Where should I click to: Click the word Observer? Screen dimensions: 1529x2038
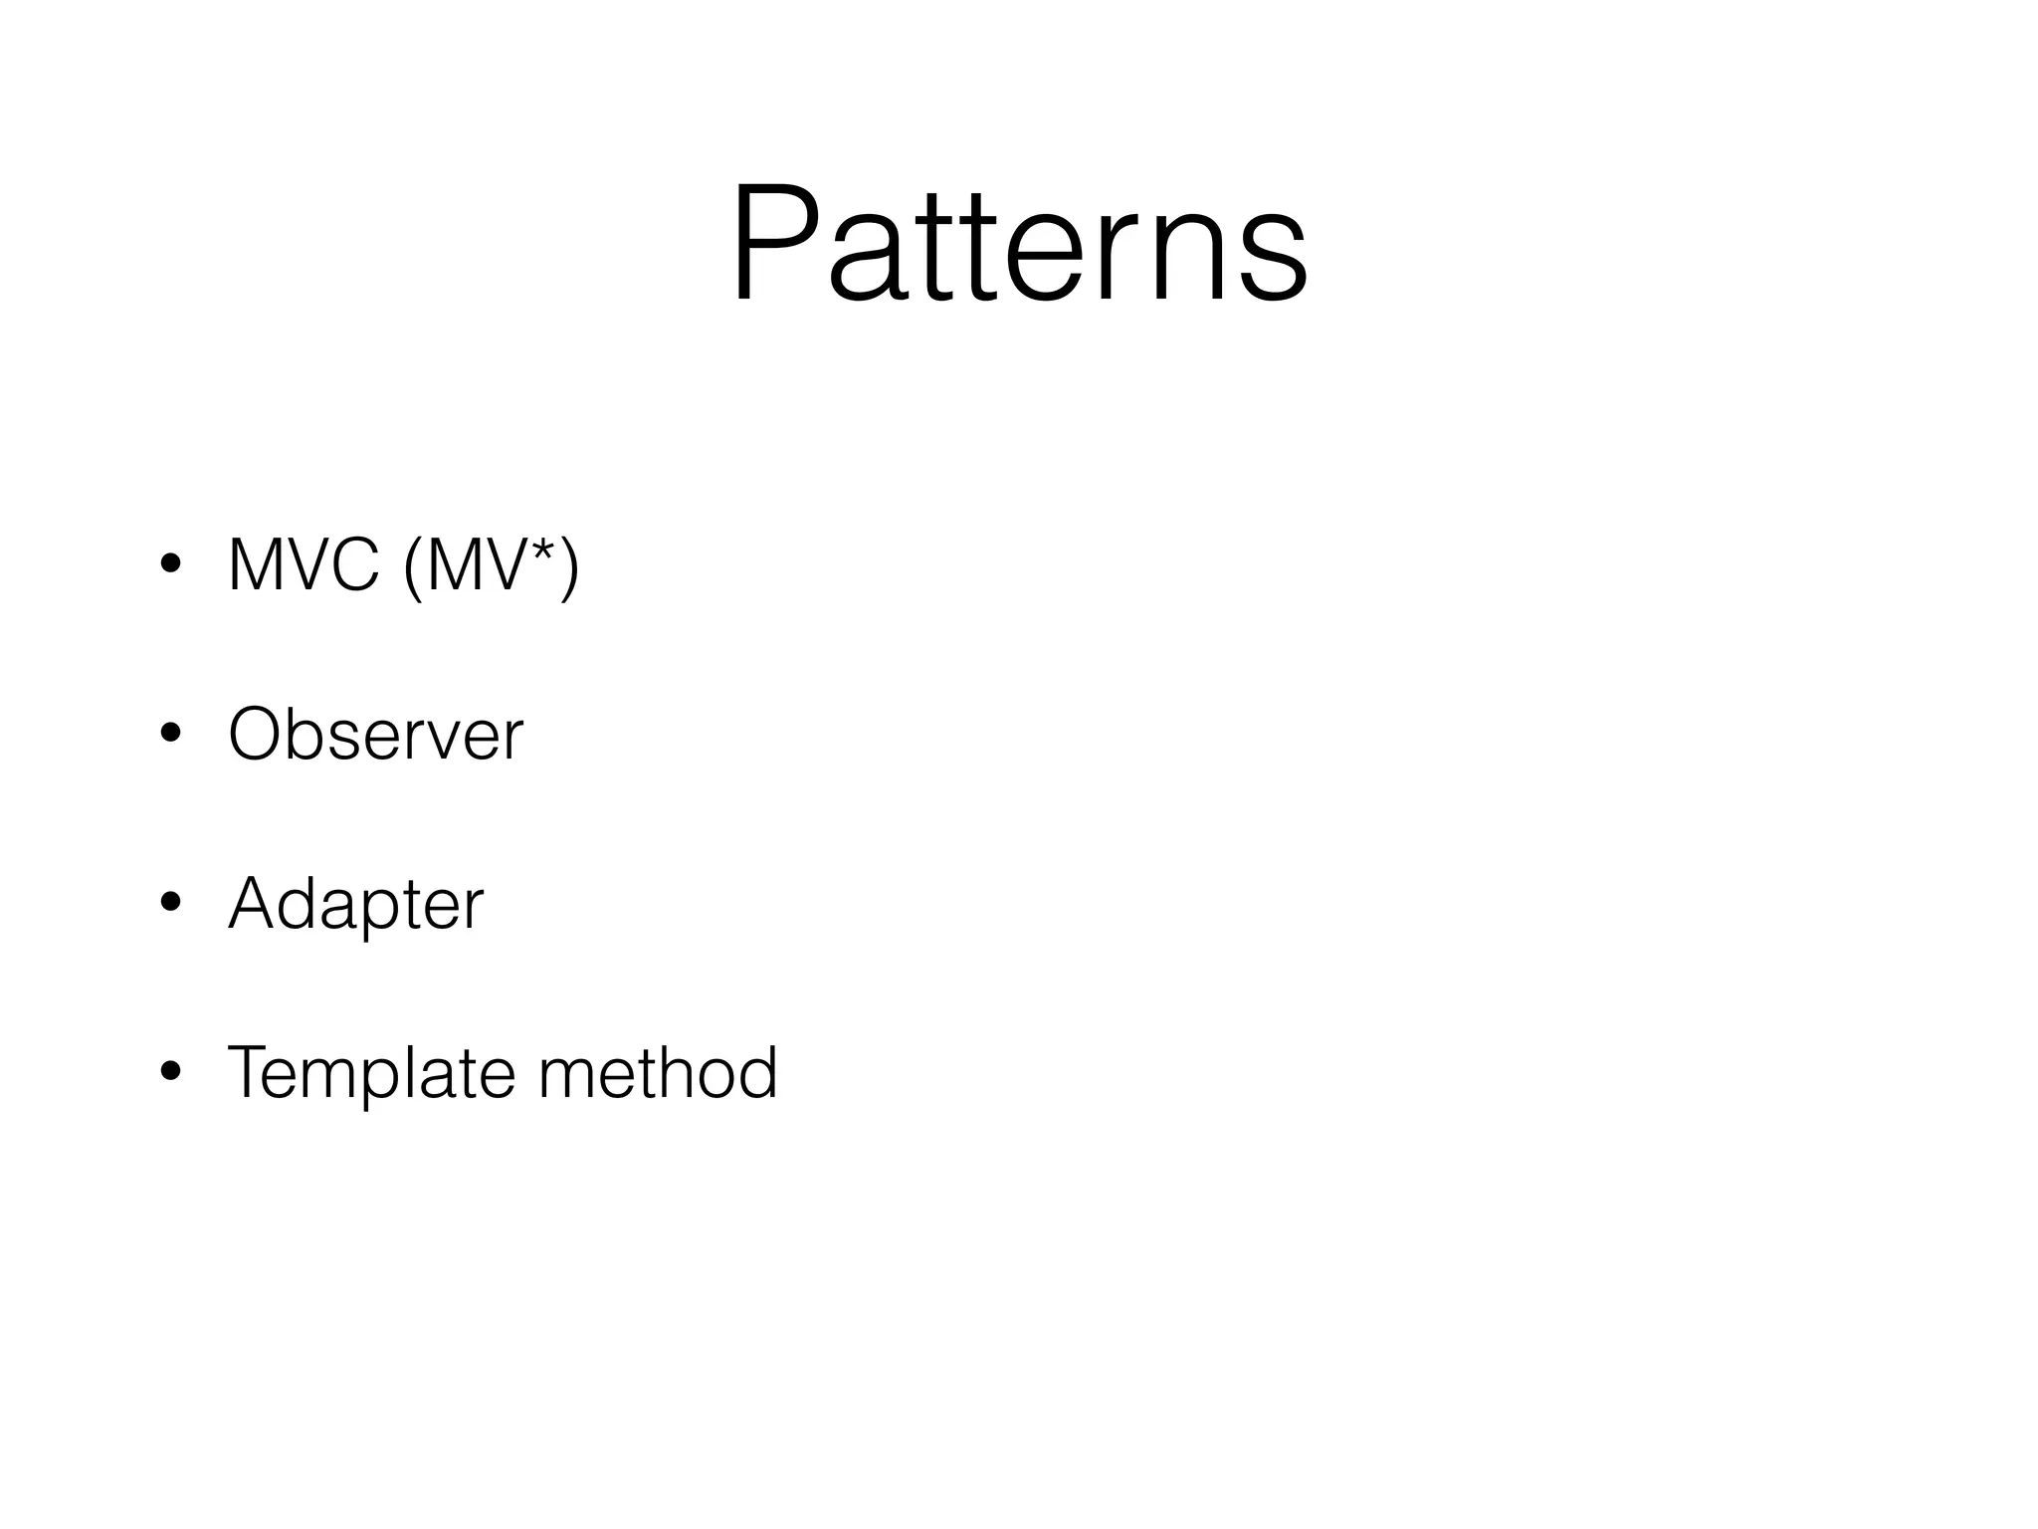click(x=375, y=735)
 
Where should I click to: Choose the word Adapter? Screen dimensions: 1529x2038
click(x=355, y=904)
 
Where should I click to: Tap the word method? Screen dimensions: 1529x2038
click(x=657, y=1073)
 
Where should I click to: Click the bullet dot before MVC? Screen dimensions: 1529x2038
click(x=170, y=564)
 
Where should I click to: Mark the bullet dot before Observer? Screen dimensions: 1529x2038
click(x=170, y=734)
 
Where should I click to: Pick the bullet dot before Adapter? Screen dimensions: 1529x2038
click(x=170, y=903)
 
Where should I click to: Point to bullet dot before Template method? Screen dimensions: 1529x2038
click(x=170, y=1072)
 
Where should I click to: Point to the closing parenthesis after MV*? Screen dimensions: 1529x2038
click(x=569, y=566)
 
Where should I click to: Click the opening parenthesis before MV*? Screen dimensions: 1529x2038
click(x=413, y=566)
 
